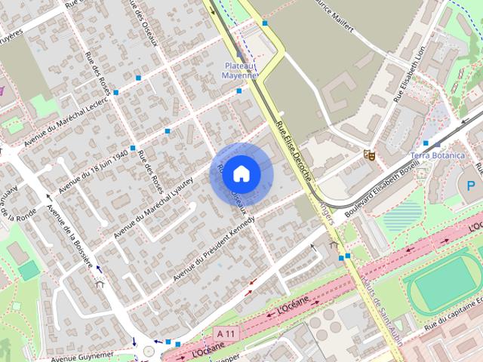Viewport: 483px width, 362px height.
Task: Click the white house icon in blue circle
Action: [x=241, y=173]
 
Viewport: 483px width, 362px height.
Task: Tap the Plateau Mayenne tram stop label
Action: [x=240, y=70]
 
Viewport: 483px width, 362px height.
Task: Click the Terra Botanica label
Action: [x=437, y=155]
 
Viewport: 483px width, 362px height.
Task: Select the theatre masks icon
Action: [x=369, y=155]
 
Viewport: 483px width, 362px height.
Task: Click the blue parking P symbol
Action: [x=472, y=186]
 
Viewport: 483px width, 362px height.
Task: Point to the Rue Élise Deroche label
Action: [x=294, y=152]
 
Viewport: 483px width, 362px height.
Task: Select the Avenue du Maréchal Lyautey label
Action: [x=159, y=204]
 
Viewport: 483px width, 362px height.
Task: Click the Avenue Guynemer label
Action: [x=83, y=354]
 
